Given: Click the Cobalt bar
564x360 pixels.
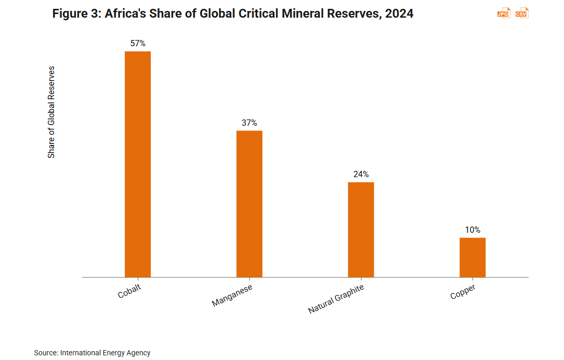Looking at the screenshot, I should coord(138,164).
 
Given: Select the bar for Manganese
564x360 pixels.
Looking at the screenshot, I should coord(250,204).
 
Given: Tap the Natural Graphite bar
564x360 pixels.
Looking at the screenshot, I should coord(361,230).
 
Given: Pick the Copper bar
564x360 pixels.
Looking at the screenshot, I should coord(473,257).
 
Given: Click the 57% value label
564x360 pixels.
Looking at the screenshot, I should coord(138,44).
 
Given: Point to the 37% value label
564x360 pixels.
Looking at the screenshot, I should coord(250,123).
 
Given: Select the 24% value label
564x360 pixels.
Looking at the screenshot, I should coord(361,175).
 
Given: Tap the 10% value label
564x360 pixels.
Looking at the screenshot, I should coord(473,230).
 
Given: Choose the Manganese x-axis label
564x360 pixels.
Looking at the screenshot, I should coord(232,296).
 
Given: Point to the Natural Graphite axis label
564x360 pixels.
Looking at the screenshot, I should coord(336,299).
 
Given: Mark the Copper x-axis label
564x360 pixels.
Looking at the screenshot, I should coord(463,292).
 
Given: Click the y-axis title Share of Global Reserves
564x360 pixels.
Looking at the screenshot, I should coord(51,112).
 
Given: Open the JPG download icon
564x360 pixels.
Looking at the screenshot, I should coord(503,14).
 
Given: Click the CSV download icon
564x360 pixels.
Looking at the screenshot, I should coord(522,14).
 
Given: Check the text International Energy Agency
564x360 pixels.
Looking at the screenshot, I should coord(106,353).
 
